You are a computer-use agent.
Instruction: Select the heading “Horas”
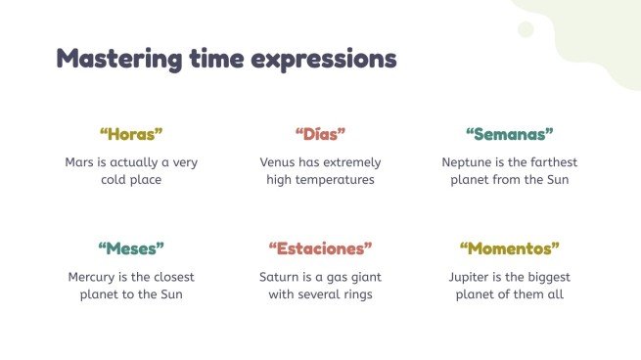click(x=131, y=134)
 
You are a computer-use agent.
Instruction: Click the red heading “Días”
click(x=320, y=134)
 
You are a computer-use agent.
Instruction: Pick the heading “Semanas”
click(x=509, y=134)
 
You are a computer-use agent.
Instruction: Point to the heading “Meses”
click(x=131, y=247)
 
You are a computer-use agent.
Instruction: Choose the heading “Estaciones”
click(x=320, y=247)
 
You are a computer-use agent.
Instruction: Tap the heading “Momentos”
click(x=509, y=247)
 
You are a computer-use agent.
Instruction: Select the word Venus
click(x=280, y=162)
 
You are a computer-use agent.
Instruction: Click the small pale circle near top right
click(x=526, y=29)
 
